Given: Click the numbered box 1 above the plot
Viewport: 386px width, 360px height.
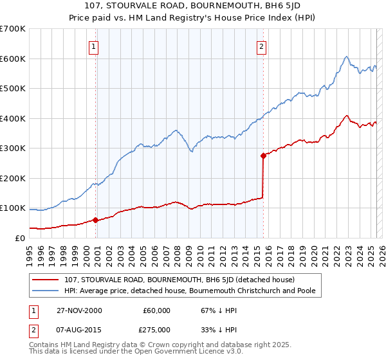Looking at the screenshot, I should (94, 46).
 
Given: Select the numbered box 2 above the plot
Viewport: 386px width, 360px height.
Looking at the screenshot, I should (262, 46).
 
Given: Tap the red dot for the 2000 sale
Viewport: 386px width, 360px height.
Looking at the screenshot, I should (96, 220).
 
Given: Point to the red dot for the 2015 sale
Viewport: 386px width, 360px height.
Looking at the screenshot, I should (263, 156).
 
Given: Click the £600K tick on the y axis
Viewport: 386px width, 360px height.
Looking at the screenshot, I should (13, 59).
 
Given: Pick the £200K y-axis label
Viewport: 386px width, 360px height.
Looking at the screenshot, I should (13, 178).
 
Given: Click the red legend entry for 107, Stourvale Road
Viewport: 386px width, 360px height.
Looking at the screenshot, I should (179, 280).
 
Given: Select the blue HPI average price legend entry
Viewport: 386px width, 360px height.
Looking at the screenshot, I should (193, 291).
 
